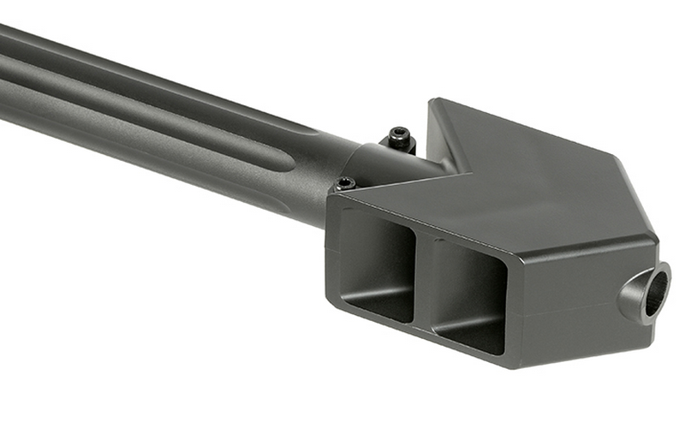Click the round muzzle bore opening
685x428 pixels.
(x=657, y=292)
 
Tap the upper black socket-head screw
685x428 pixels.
(x=398, y=135)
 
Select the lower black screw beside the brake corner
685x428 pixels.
(x=345, y=182)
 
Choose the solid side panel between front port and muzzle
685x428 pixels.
(x=565, y=300)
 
